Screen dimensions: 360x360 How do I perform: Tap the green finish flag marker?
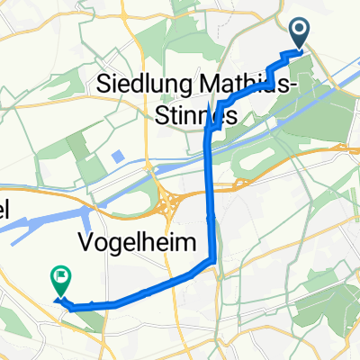61,282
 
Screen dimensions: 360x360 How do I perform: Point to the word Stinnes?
193,116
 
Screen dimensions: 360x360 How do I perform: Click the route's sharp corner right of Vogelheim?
214,261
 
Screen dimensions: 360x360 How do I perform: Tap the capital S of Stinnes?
157,116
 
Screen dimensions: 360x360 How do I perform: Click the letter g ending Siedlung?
178,88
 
